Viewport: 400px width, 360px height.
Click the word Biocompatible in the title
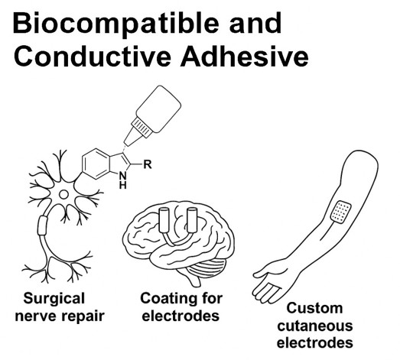click(115, 24)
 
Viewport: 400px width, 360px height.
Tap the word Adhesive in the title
click(245, 56)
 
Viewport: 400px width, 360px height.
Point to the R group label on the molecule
click(148, 164)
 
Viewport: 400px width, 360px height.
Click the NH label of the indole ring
click(123, 180)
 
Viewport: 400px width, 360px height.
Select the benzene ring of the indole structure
click(95, 164)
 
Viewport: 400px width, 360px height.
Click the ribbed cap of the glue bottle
click(141, 127)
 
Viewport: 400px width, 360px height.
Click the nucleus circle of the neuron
click(63, 195)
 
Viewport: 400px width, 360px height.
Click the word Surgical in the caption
click(54, 299)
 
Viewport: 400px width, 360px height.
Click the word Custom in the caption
click(314, 308)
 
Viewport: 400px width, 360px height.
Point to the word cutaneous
click(315, 326)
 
